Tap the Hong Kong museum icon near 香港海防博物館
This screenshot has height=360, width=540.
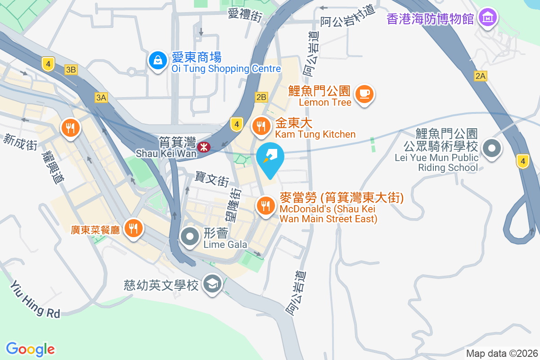click(488, 18)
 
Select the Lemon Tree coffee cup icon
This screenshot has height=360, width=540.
click(364, 94)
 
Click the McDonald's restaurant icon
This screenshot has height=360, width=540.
click(266, 206)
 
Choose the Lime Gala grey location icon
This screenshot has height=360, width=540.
click(190, 236)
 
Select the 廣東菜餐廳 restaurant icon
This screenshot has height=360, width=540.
click(133, 228)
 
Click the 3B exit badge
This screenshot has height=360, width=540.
click(71, 69)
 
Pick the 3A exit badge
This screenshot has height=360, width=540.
click(101, 97)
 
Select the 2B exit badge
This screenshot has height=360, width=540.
click(261, 96)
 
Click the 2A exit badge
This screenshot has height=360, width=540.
click(480, 76)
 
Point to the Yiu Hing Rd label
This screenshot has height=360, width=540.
click(35, 299)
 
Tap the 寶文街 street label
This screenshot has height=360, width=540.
click(212, 179)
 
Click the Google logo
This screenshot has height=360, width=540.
click(31, 349)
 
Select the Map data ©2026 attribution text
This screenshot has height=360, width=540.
click(501, 353)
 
